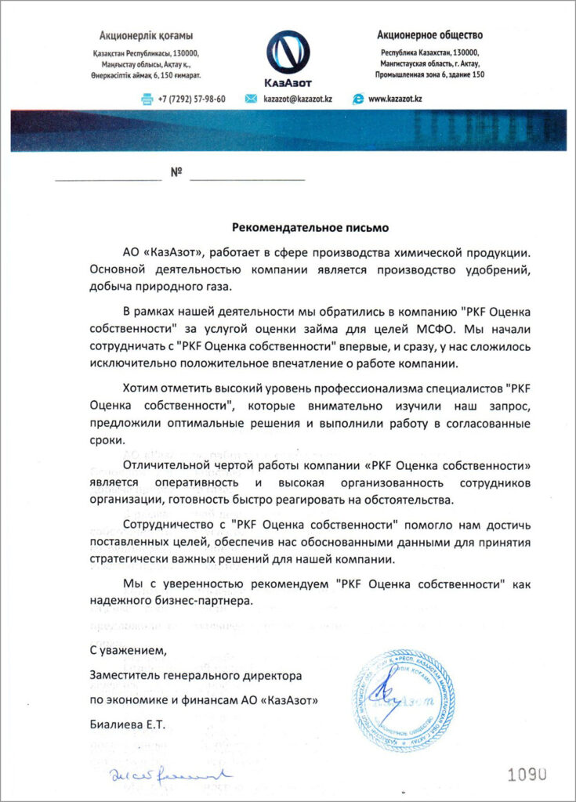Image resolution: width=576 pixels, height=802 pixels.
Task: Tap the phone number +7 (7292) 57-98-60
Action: pos(191,99)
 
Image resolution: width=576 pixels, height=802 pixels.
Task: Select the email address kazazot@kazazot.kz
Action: pos(298,99)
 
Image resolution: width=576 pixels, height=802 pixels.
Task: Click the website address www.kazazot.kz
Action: pos(395,99)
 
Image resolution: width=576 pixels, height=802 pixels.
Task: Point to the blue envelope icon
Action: pos(252,99)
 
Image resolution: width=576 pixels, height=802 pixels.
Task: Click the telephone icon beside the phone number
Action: pos(146,99)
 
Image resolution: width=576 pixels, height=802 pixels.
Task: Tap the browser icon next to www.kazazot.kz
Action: pos(358,99)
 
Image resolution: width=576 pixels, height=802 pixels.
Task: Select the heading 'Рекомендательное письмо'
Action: pos(310,228)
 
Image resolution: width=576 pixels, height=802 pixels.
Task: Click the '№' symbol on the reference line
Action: pos(176,172)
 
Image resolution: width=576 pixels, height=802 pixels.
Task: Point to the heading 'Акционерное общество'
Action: pos(429,34)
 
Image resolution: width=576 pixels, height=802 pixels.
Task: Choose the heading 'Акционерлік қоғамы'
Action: pos(146,35)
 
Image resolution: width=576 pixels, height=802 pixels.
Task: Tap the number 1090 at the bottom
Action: pos(527,775)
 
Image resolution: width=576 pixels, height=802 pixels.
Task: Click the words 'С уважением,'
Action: pos(128,650)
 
